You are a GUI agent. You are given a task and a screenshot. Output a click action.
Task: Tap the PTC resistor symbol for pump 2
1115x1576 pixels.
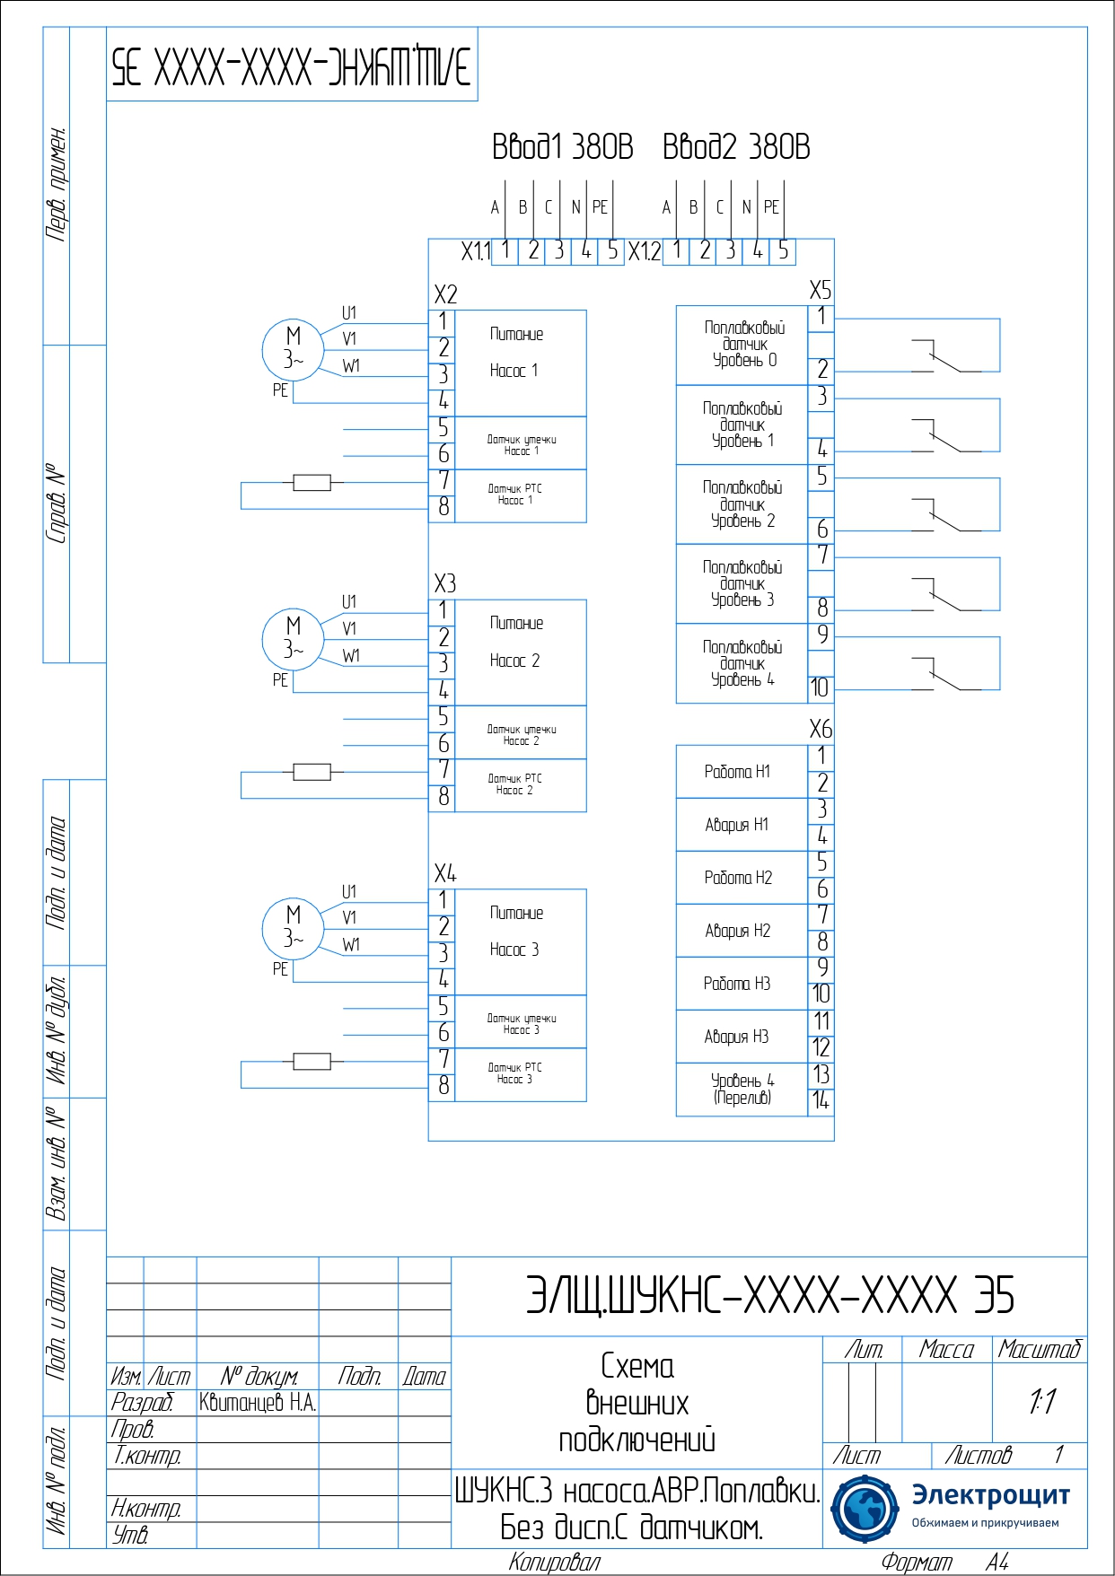312,772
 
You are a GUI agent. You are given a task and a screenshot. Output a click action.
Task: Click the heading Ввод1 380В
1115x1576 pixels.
562,146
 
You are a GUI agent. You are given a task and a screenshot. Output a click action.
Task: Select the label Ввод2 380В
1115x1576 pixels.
736,146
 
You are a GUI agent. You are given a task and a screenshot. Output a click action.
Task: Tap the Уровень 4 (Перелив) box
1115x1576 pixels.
741,1090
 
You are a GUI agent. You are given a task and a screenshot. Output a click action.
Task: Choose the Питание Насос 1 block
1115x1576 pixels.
521,363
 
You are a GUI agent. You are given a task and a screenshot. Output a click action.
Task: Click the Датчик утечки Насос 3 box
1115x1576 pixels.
521,1022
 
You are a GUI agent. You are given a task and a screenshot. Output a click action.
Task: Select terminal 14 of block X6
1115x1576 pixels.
821,1101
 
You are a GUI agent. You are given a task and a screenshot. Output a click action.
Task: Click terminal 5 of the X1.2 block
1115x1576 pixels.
783,250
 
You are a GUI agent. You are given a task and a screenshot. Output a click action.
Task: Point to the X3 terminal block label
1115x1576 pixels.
445,584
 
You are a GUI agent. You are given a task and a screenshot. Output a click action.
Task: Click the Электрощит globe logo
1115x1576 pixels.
864,1508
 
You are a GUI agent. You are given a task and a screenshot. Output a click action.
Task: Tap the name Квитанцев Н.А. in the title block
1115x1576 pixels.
258,1403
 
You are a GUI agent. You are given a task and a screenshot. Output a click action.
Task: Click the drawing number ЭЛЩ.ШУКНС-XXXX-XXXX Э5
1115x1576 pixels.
769,1296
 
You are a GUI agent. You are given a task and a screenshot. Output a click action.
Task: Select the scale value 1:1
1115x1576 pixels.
1042,1402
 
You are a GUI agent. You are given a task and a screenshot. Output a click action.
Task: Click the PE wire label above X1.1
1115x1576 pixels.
600,207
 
